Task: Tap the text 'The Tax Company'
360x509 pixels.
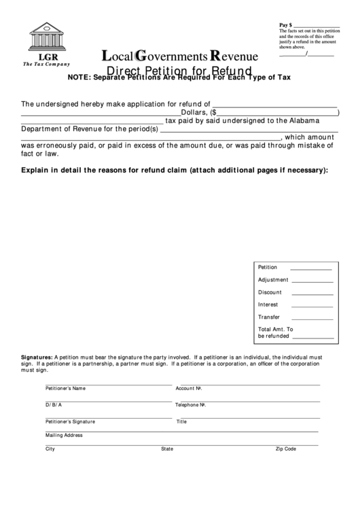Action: pyautogui.click(x=46, y=64)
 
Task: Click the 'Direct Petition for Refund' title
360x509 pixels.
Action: pyautogui.click(x=180, y=70)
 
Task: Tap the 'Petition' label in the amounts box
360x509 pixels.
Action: pyautogui.click(x=268, y=268)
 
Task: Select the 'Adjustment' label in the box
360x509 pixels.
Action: pyautogui.click(x=273, y=280)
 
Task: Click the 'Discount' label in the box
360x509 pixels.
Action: pyautogui.click(x=270, y=292)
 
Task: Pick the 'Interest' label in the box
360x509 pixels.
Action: pyautogui.click(x=268, y=304)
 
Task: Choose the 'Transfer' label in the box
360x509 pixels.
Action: pyautogui.click(x=269, y=317)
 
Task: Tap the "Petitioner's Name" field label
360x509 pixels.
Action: pyautogui.click(x=65, y=389)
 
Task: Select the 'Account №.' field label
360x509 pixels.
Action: pyautogui.click(x=190, y=389)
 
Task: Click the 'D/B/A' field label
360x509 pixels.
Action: pyautogui.click(x=54, y=405)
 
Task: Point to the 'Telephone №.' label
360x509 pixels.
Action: pyautogui.click(x=191, y=405)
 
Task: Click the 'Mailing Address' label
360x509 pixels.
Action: pyautogui.click(x=64, y=435)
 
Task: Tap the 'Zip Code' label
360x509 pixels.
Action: pyautogui.click(x=285, y=449)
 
